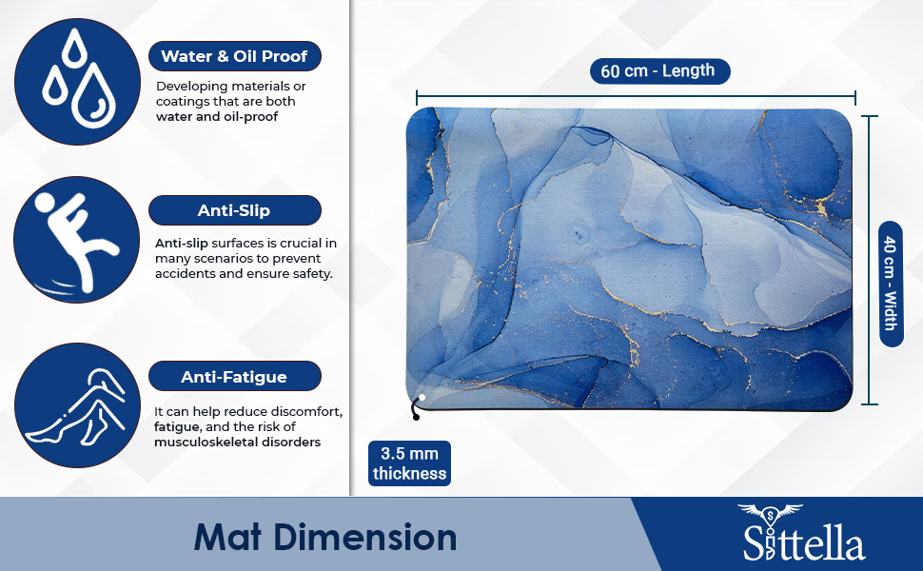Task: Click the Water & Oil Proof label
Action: click(234, 56)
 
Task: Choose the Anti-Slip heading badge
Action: click(234, 210)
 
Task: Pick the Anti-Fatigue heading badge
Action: click(234, 377)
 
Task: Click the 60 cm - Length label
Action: click(659, 71)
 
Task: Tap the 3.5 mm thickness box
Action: click(409, 463)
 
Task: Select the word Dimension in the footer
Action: click(366, 537)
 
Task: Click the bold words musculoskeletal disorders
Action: click(237, 443)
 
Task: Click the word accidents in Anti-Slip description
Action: click(188, 274)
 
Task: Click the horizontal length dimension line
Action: click(636, 96)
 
